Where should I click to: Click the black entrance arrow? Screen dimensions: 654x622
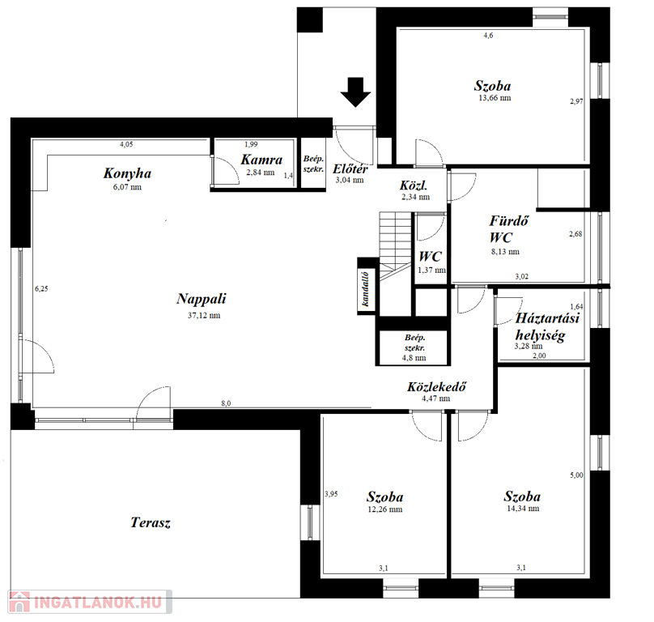point(355,92)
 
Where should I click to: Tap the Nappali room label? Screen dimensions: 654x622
point(202,299)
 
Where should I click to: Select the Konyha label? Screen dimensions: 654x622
point(127,173)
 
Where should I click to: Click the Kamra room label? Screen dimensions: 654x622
point(261,160)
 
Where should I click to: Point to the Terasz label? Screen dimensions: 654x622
point(151,522)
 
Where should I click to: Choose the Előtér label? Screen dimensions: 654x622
point(350,168)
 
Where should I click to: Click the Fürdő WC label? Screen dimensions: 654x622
point(508,228)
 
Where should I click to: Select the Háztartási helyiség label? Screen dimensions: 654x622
point(547,326)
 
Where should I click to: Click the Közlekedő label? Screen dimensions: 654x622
point(436,386)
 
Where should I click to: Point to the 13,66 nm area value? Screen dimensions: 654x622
point(495,98)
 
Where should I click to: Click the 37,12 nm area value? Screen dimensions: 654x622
point(204,316)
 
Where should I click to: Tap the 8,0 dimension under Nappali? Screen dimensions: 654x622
point(226,403)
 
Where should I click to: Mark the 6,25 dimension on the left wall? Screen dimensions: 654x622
point(41,288)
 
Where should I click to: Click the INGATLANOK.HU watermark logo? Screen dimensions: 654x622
point(90,602)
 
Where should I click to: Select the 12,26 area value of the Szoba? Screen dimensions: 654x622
point(385,509)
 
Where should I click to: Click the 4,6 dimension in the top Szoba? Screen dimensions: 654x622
point(488,36)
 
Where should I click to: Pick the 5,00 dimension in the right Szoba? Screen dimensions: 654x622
point(576,475)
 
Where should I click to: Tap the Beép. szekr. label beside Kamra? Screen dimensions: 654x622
point(313,164)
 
